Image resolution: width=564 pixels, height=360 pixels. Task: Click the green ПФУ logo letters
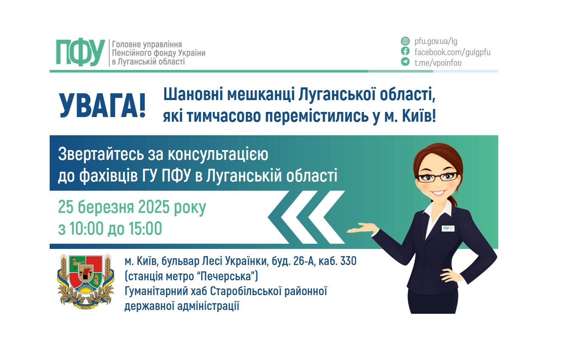[x=80, y=53]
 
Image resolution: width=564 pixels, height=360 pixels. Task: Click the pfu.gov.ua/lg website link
[x=436, y=42]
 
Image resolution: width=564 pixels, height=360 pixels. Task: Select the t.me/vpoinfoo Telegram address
[x=438, y=63]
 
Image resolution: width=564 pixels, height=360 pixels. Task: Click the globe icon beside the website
[x=405, y=42]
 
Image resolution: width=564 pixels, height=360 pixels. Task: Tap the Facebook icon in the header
[x=405, y=52]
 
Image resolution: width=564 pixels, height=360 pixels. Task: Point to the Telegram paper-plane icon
[x=405, y=62]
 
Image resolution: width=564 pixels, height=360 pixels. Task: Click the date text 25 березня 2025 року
[x=132, y=208]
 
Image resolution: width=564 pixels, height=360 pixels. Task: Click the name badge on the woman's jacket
[x=448, y=228]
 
